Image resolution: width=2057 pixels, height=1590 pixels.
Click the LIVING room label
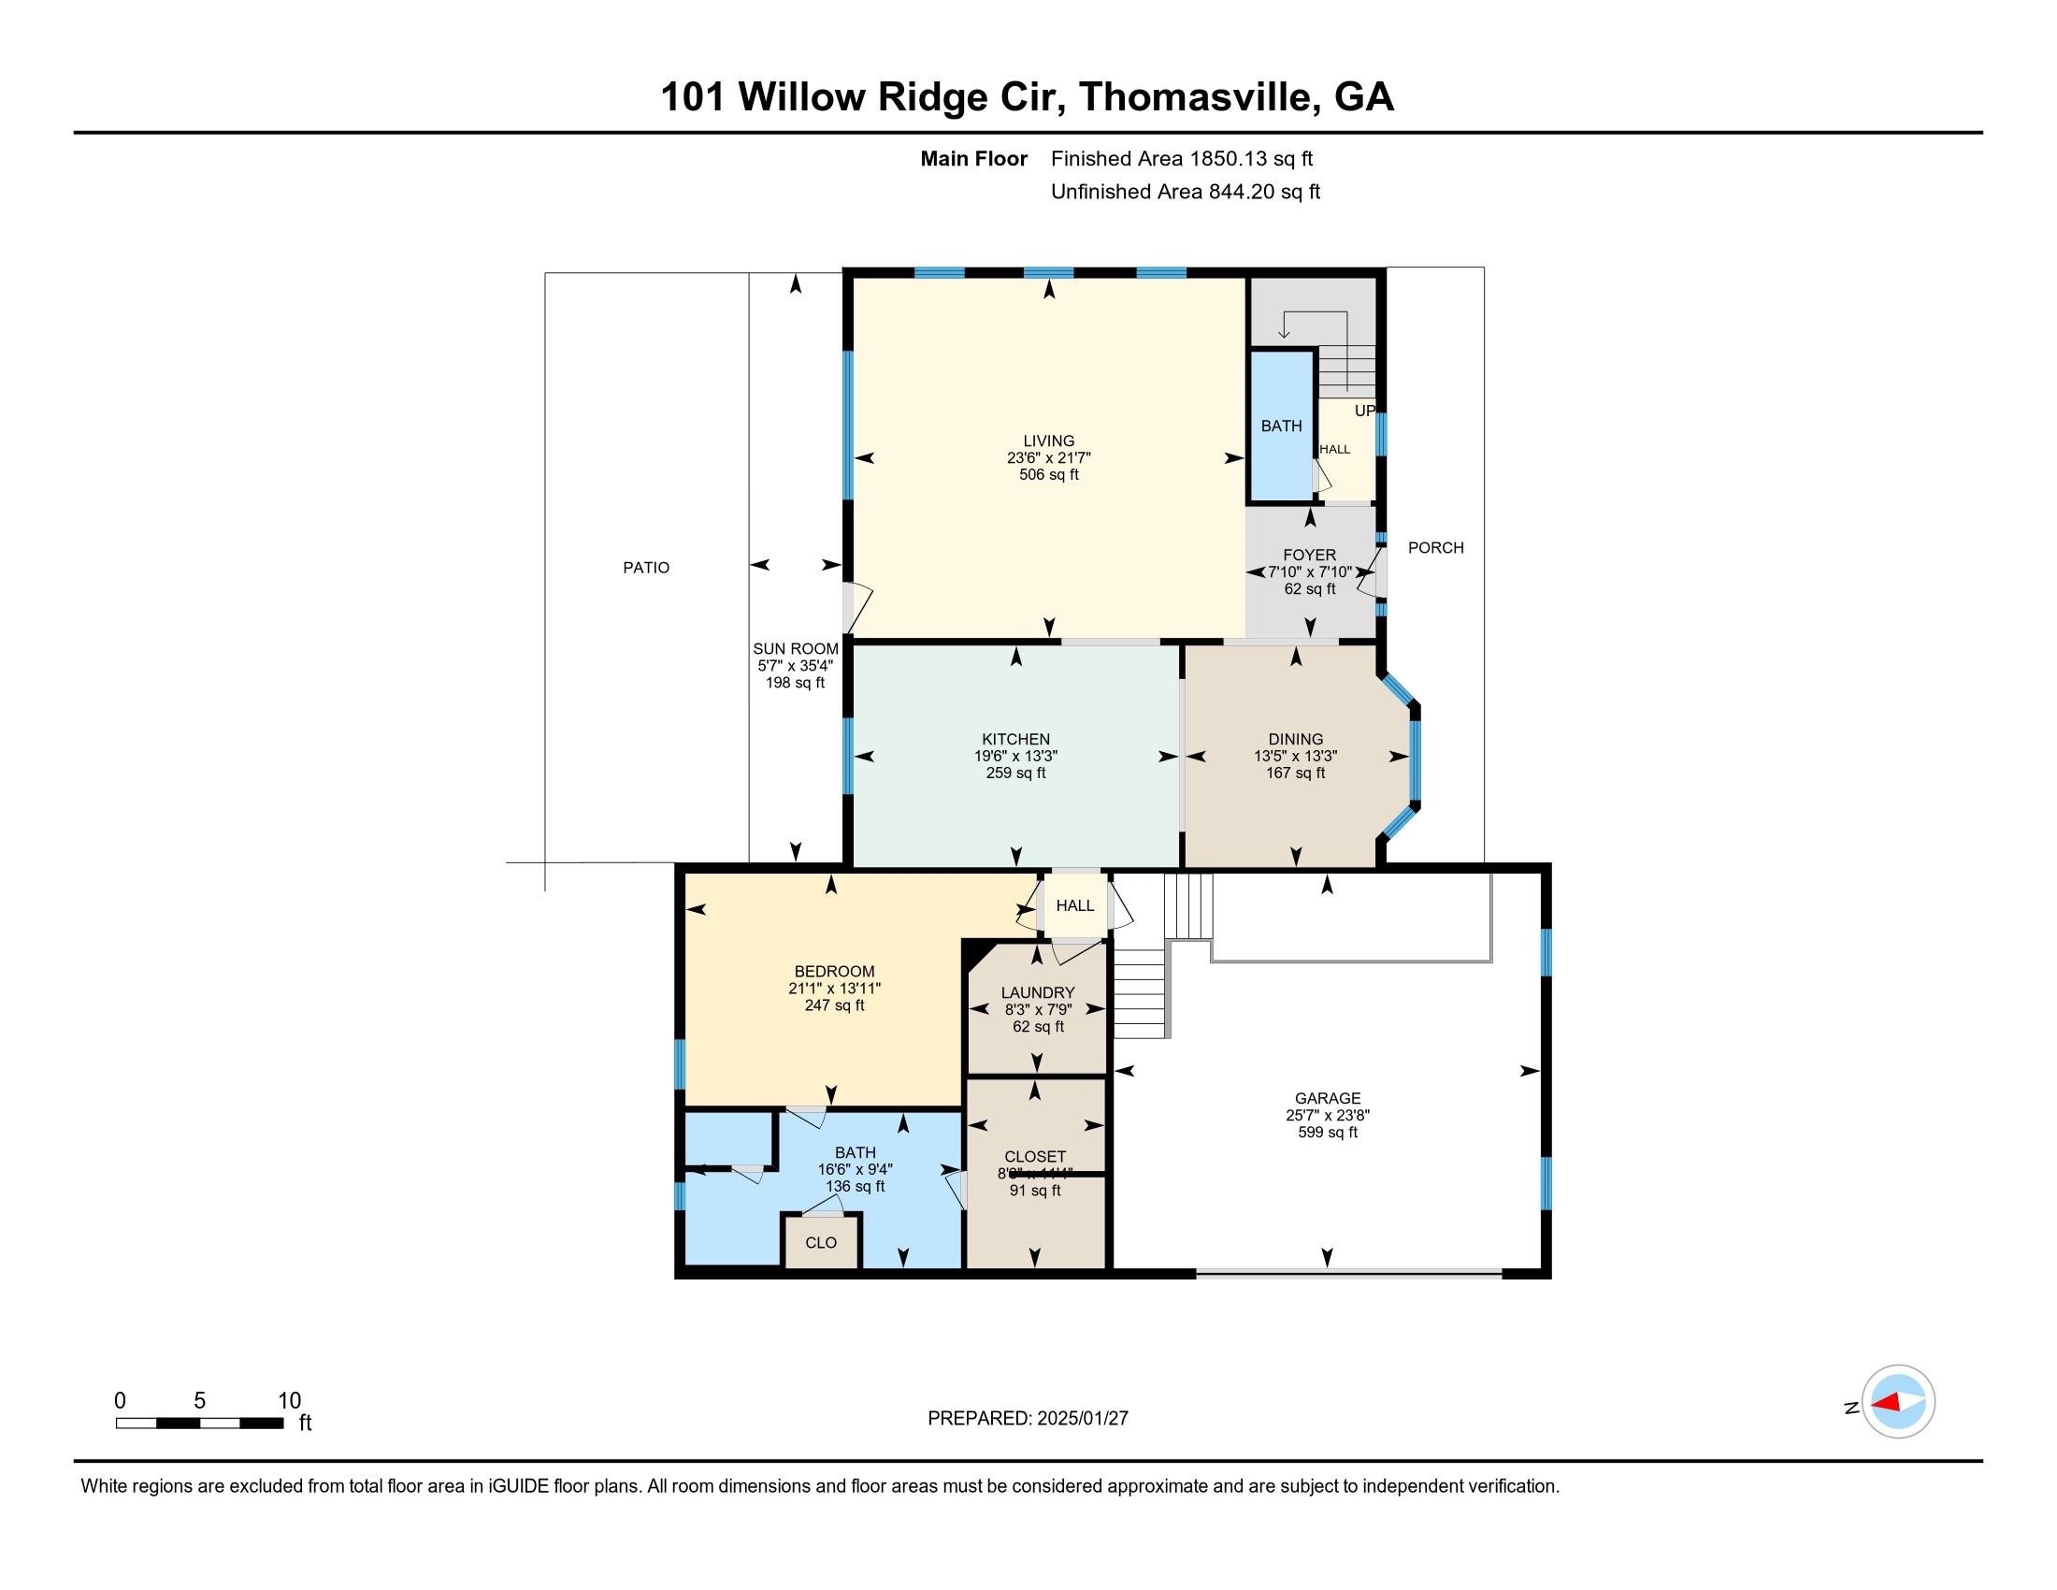tap(1048, 441)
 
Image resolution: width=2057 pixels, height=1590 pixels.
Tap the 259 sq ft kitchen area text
tap(1015, 773)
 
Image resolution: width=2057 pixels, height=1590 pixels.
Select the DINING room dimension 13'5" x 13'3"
tap(1295, 757)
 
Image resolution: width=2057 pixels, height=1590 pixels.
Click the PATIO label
tap(646, 568)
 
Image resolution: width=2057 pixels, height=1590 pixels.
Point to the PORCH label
tap(1435, 548)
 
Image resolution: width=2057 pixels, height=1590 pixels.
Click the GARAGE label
tap(1327, 1098)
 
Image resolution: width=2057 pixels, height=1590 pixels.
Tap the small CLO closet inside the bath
tap(821, 1243)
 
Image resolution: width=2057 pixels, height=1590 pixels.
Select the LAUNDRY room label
tap(1037, 992)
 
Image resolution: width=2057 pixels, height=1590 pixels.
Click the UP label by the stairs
tap(1364, 412)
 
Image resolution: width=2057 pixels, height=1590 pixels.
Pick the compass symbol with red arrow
tap(1898, 1403)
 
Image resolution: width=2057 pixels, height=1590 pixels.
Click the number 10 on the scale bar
tap(289, 1401)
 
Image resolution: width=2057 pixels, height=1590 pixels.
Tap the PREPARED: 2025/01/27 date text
tap(1028, 1419)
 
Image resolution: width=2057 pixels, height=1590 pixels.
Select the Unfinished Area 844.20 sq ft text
tap(1185, 192)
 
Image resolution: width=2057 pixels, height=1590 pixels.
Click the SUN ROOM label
tap(795, 649)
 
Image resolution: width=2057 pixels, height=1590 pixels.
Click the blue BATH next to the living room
tap(1281, 426)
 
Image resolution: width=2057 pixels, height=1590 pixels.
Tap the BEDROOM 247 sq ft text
tap(833, 1006)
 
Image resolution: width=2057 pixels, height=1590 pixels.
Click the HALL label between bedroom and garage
tap(1074, 906)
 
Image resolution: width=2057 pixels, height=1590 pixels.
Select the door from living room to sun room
tap(857, 608)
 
